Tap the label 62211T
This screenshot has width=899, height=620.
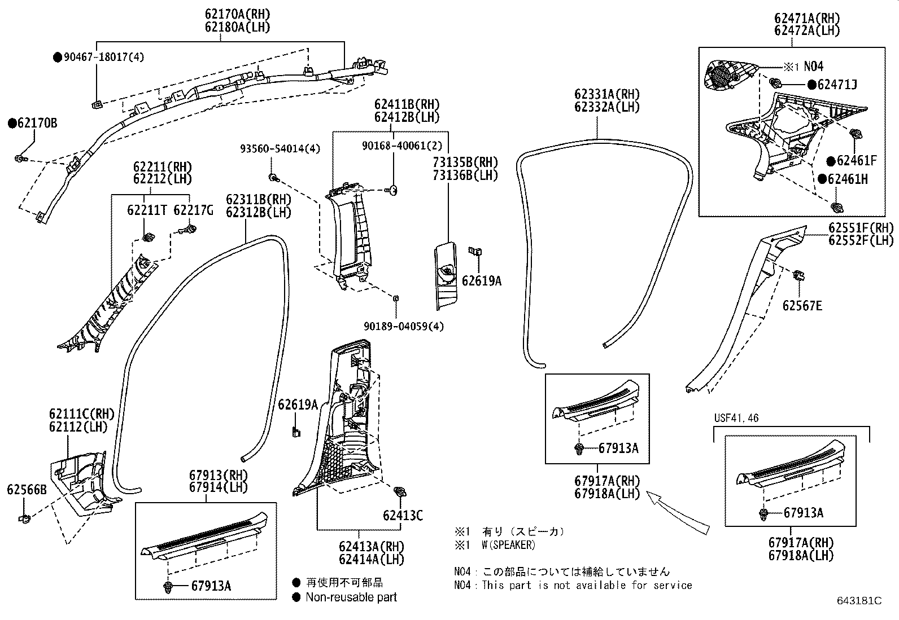pos(147,210)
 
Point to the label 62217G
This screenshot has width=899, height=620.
pos(193,210)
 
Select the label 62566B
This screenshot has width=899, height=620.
pos(27,490)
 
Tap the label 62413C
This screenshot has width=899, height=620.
pos(403,515)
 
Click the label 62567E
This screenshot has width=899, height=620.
pos(802,306)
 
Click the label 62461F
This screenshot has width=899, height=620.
pos(856,161)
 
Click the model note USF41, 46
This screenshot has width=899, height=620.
pos(736,418)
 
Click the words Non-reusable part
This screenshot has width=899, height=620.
pos(351,597)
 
